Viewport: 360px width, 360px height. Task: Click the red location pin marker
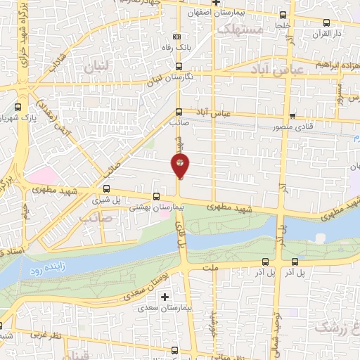pos(180,166)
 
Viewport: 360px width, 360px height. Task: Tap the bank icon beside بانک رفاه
pos(176,37)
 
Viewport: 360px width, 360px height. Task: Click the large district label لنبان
pos(97,67)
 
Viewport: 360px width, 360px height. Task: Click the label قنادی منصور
pos(292,128)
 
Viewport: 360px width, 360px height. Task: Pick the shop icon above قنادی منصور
pos(292,116)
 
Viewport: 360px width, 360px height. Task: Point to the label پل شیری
pos(107,200)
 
